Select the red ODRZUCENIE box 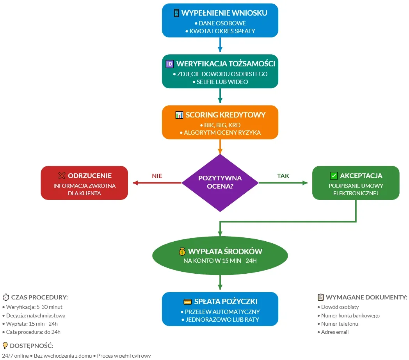[84, 183]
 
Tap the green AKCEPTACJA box [356, 183]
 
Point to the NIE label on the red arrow [157, 176]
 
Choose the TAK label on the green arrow [283, 176]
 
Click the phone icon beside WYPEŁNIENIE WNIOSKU [176, 13]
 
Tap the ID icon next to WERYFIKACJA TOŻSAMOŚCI [170, 64]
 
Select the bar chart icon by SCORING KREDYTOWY [179, 115]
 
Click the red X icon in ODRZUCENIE [61, 176]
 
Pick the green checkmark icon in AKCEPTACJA [334, 176]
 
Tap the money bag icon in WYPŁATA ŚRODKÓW [182, 251]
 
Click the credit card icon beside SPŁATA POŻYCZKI [187, 302]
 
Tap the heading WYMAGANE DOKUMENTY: [366, 297]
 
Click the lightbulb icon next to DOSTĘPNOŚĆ [5, 346]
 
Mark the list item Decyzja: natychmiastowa [36, 315]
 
